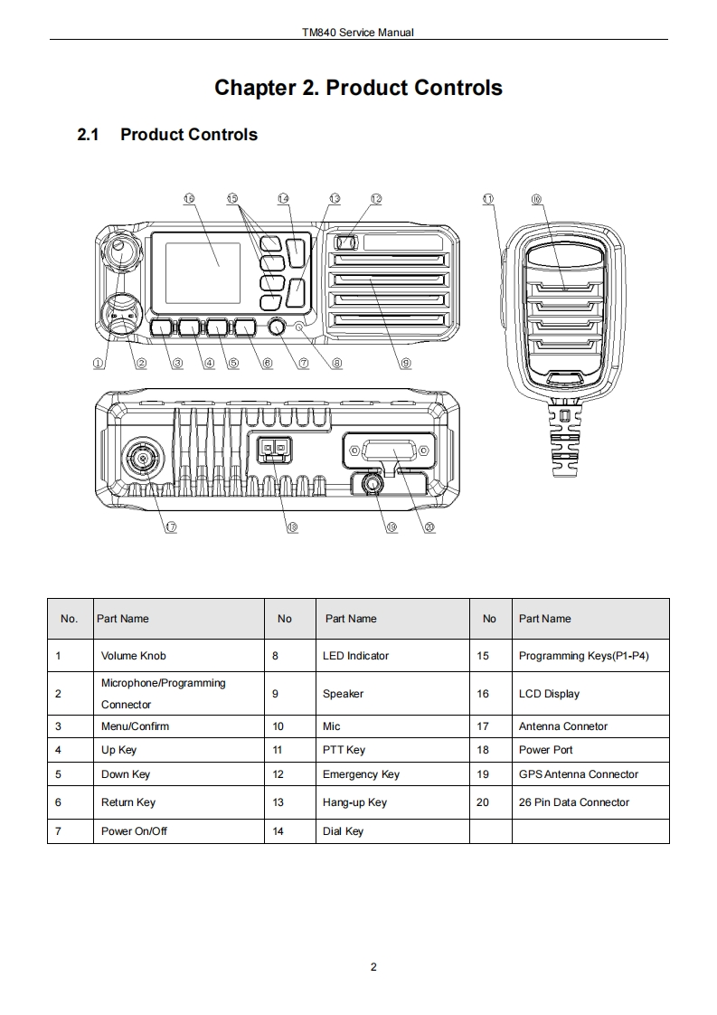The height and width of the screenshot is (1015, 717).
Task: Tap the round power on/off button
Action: [x=275, y=327]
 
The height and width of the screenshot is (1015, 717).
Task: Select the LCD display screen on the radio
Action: [x=203, y=269]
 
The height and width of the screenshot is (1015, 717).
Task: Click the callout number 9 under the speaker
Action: [x=406, y=363]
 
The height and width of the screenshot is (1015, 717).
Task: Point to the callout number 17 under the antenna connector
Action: [x=170, y=527]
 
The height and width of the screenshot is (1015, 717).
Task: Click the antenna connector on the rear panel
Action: [x=143, y=460]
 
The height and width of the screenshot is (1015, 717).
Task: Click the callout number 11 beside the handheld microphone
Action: [x=489, y=199]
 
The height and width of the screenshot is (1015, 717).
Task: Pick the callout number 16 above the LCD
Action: [x=189, y=199]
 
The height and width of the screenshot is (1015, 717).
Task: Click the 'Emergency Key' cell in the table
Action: [x=361, y=774]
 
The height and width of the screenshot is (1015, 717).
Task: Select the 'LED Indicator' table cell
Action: [x=355, y=656]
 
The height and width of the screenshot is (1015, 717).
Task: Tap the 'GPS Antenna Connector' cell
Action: [x=578, y=774]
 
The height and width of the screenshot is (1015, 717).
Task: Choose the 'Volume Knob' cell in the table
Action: [x=134, y=656]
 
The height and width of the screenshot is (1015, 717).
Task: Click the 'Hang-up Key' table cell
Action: [x=354, y=802]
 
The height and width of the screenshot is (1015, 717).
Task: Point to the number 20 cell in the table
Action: [x=483, y=802]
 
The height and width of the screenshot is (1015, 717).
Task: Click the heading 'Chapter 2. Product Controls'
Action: [x=358, y=88]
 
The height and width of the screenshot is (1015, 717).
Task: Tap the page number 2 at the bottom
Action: [x=373, y=967]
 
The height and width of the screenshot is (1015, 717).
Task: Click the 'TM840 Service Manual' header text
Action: [x=358, y=33]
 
